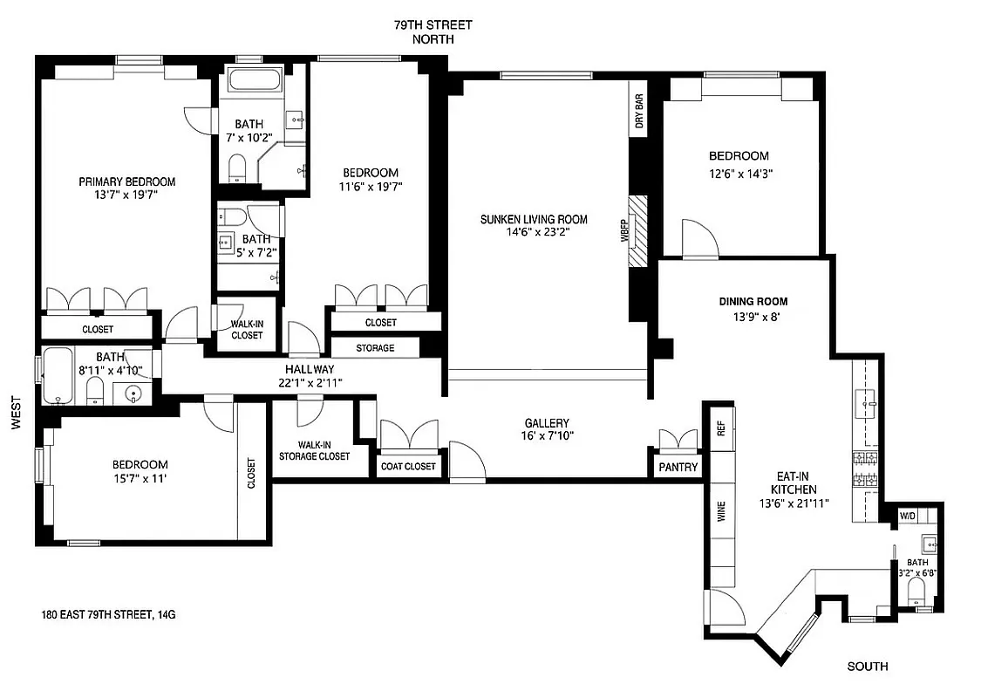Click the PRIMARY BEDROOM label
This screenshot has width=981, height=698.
(126, 181)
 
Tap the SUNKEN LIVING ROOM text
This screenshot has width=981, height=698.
(534, 219)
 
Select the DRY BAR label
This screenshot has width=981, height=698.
(639, 113)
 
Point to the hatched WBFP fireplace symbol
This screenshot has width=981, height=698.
(640, 230)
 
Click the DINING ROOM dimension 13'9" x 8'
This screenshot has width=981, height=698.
(753, 318)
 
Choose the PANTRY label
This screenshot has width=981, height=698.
(678, 468)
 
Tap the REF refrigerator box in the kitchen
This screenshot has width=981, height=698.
(721, 428)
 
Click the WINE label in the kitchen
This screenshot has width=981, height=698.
(721, 512)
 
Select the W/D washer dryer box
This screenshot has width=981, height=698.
(908, 516)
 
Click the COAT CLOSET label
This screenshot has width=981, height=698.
(408, 466)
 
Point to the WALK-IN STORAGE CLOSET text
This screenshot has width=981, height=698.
(314, 450)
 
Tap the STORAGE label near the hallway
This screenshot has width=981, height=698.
(375, 347)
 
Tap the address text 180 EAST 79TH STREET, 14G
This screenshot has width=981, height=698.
(108, 614)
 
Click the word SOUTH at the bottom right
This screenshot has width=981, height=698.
(868, 667)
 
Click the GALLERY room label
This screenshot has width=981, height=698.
(547, 422)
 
